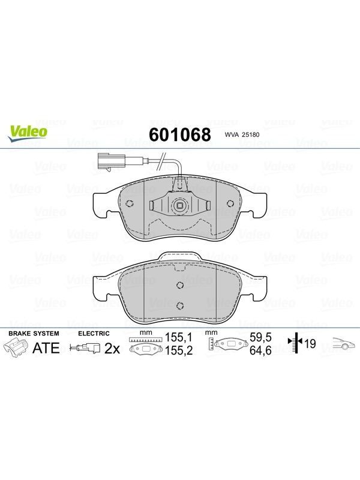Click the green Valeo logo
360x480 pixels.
click(x=28, y=133)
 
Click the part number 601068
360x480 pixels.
click(x=179, y=134)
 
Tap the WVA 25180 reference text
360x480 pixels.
click(x=242, y=134)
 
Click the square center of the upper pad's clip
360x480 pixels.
click(x=179, y=205)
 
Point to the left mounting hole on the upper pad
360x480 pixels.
click(x=130, y=203)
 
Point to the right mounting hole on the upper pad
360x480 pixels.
click(x=230, y=203)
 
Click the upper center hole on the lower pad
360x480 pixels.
click(x=180, y=285)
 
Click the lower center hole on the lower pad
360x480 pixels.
click(x=180, y=305)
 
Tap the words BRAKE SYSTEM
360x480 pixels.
click(x=34, y=334)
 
